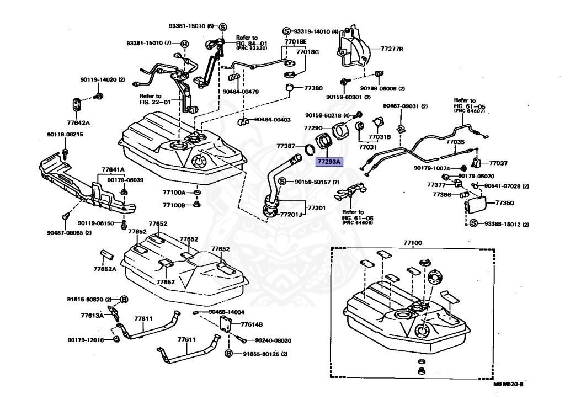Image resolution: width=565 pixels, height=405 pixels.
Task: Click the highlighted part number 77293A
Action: click(x=329, y=162)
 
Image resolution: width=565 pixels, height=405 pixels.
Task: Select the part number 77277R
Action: click(x=391, y=49)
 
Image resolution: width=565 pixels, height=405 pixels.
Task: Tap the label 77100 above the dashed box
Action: click(x=412, y=243)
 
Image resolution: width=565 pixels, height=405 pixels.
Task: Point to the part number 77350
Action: click(x=504, y=203)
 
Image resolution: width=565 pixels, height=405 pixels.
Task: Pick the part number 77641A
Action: click(x=113, y=169)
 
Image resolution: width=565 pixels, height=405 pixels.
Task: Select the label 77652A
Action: click(x=105, y=270)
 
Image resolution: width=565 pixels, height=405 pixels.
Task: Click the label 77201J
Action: click(x=291, y=214)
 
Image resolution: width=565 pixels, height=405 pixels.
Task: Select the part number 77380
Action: click(x=313, y=88)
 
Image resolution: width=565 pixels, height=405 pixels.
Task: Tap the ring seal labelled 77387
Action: click(x=312, y=149)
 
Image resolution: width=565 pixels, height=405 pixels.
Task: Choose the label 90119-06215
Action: click(x=65, y=134)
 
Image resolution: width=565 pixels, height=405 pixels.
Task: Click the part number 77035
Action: click(x=456, y=142)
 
